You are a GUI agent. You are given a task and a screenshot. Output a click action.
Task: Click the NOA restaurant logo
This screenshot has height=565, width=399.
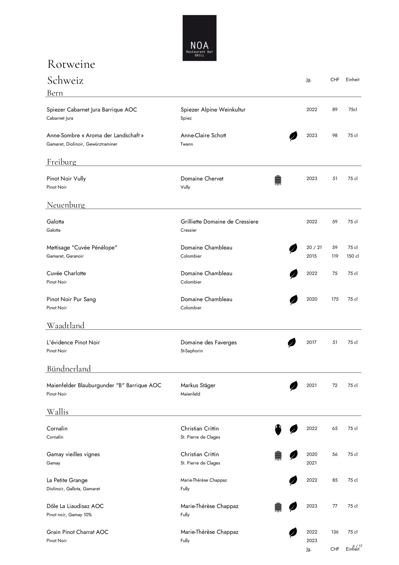[199, 38]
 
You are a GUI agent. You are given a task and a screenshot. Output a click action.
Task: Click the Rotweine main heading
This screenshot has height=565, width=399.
[71, 64]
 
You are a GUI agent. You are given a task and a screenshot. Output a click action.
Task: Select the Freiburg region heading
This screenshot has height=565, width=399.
[61, 162]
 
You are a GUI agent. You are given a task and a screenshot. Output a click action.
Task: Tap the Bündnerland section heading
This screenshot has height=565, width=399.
[69, 369]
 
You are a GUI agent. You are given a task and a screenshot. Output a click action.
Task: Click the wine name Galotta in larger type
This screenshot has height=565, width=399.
[55, 222]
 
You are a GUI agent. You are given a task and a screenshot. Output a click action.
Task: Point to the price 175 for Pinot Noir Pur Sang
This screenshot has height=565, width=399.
[335, 299]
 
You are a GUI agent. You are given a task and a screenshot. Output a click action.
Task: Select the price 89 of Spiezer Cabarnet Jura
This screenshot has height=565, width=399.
[335, 110]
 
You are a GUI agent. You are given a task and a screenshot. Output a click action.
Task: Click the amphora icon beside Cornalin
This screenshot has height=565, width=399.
[278, 429]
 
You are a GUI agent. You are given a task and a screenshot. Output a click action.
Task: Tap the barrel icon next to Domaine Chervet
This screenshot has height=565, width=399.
[278, 180]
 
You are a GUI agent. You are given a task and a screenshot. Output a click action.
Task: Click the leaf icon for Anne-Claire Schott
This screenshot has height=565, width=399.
[293, 136]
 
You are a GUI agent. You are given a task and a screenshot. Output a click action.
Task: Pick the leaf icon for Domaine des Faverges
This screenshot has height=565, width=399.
[292, 343]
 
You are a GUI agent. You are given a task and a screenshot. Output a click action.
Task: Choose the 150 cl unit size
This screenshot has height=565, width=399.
[352, 256]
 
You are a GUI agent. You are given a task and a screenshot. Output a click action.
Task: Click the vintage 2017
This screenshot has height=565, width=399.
[311, 342]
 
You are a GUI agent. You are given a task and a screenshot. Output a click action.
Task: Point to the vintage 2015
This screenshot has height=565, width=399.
[311, 256]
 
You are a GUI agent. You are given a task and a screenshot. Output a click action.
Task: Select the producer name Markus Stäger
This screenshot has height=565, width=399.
[198, 385]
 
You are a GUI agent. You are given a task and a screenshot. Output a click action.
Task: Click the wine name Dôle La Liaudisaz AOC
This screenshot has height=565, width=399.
[75, 506]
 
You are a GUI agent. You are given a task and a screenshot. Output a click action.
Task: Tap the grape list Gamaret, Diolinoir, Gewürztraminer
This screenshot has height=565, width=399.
[82, 144]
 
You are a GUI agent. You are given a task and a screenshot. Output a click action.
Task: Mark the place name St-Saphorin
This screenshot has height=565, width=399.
[192, 351]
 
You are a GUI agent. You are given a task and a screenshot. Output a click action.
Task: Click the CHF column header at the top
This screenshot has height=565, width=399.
[335, 79]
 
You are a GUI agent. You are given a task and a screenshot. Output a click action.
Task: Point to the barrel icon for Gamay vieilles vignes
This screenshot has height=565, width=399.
[278, 455]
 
